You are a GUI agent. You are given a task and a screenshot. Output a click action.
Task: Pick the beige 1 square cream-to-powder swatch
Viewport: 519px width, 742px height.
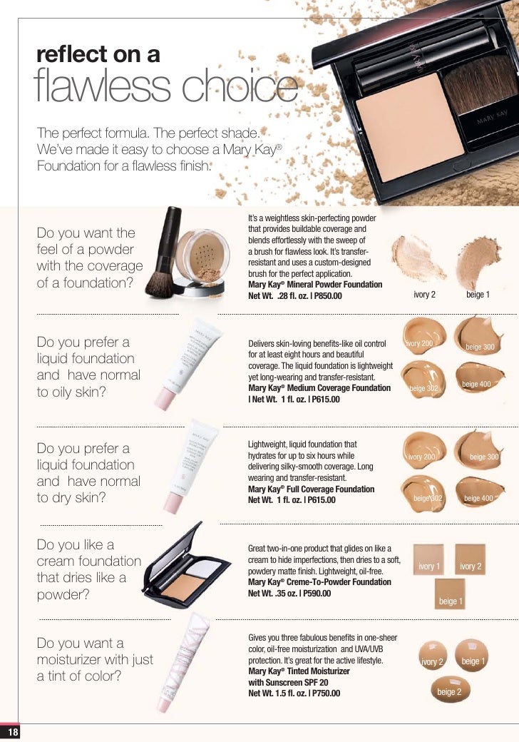click(449, 595)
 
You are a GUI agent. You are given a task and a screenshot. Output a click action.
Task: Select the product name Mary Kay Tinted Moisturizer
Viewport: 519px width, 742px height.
click(299, 671)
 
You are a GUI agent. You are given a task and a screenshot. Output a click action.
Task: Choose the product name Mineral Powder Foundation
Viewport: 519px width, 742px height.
click(314, 285)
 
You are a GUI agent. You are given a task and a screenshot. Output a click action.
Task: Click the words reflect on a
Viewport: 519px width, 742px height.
click(98, 55)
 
